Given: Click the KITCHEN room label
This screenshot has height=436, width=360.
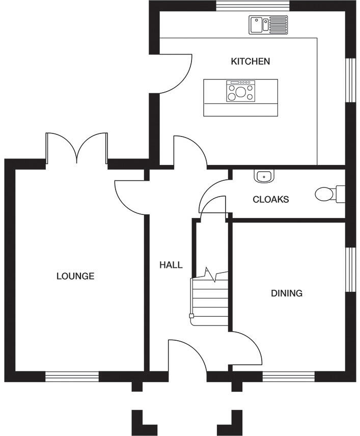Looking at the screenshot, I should coord(251,62).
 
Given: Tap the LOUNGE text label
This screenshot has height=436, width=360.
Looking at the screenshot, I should coord(75,277).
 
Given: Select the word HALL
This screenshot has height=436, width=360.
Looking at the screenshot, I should coord(171,265).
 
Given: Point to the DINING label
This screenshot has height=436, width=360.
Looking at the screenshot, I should coord(287,293).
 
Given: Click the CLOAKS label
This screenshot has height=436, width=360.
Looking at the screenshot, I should coord(271,200).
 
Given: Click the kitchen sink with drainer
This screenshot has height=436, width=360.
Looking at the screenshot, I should coord(268,24).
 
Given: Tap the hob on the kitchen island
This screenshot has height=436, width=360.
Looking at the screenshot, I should coord(240,92).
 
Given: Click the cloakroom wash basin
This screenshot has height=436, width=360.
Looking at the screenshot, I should coord(264,176).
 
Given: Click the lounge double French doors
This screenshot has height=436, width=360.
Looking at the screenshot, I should coord(76,148).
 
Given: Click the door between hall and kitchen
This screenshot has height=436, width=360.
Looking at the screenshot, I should coord(189,151).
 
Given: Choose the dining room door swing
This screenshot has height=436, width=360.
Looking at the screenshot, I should coord(247,349).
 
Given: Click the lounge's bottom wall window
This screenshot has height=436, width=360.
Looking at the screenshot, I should coord(72,377).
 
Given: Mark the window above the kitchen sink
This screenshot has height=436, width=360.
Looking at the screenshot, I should coord(253,6).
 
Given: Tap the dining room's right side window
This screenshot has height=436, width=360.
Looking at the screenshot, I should coord(350,270).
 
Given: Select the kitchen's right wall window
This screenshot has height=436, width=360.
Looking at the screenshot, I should coord(350,80).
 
